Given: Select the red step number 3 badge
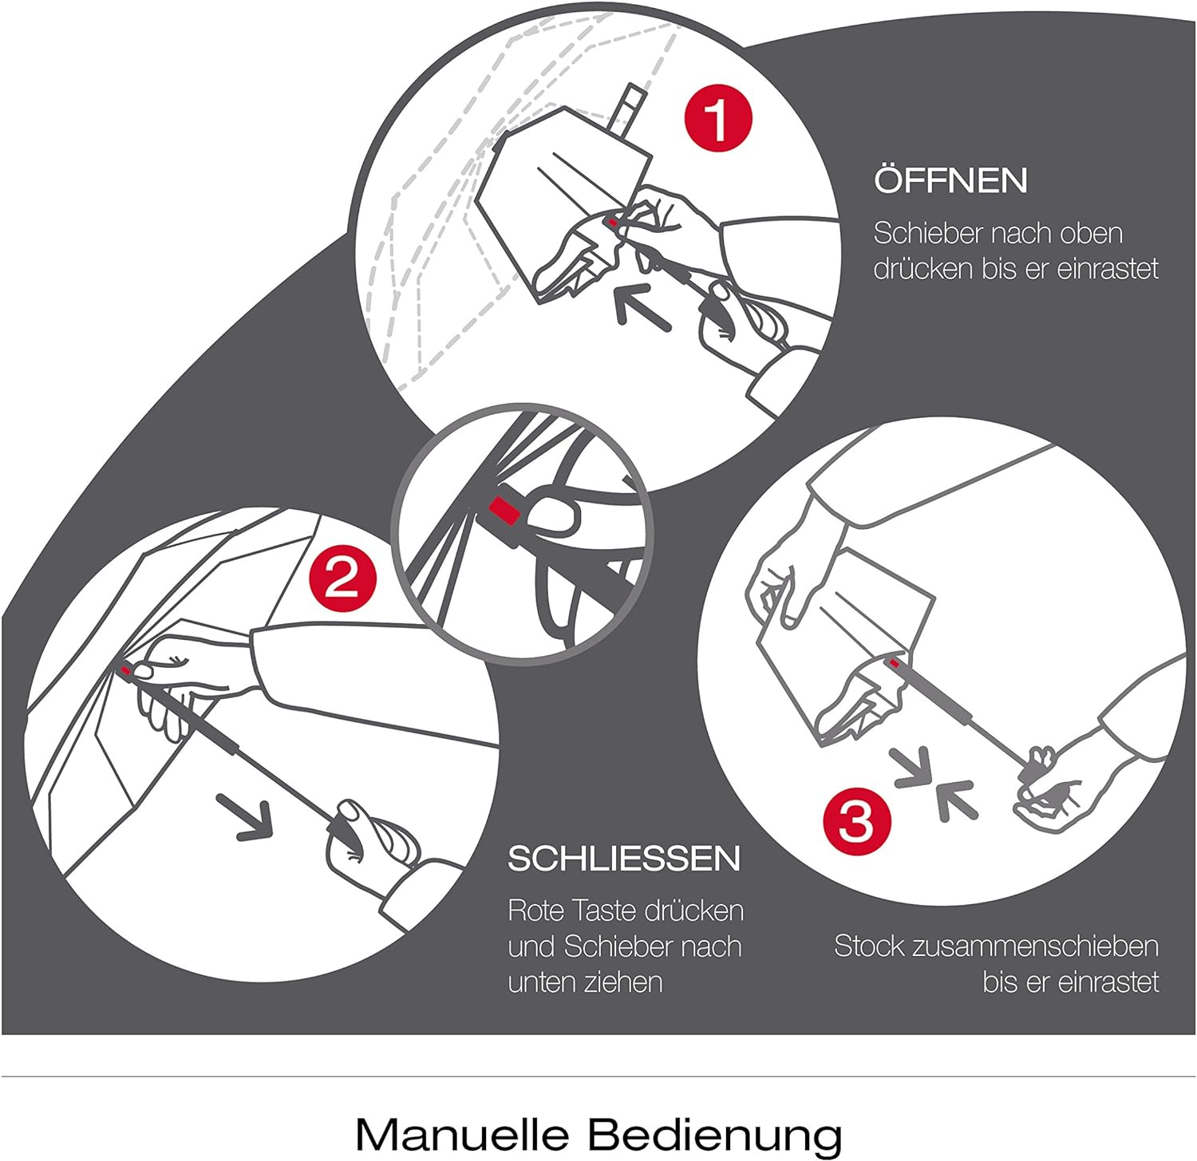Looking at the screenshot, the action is (x=856, y=819).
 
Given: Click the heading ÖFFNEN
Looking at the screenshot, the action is (x=950, y=180).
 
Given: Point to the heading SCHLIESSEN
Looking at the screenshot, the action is (x=624, y=859).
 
